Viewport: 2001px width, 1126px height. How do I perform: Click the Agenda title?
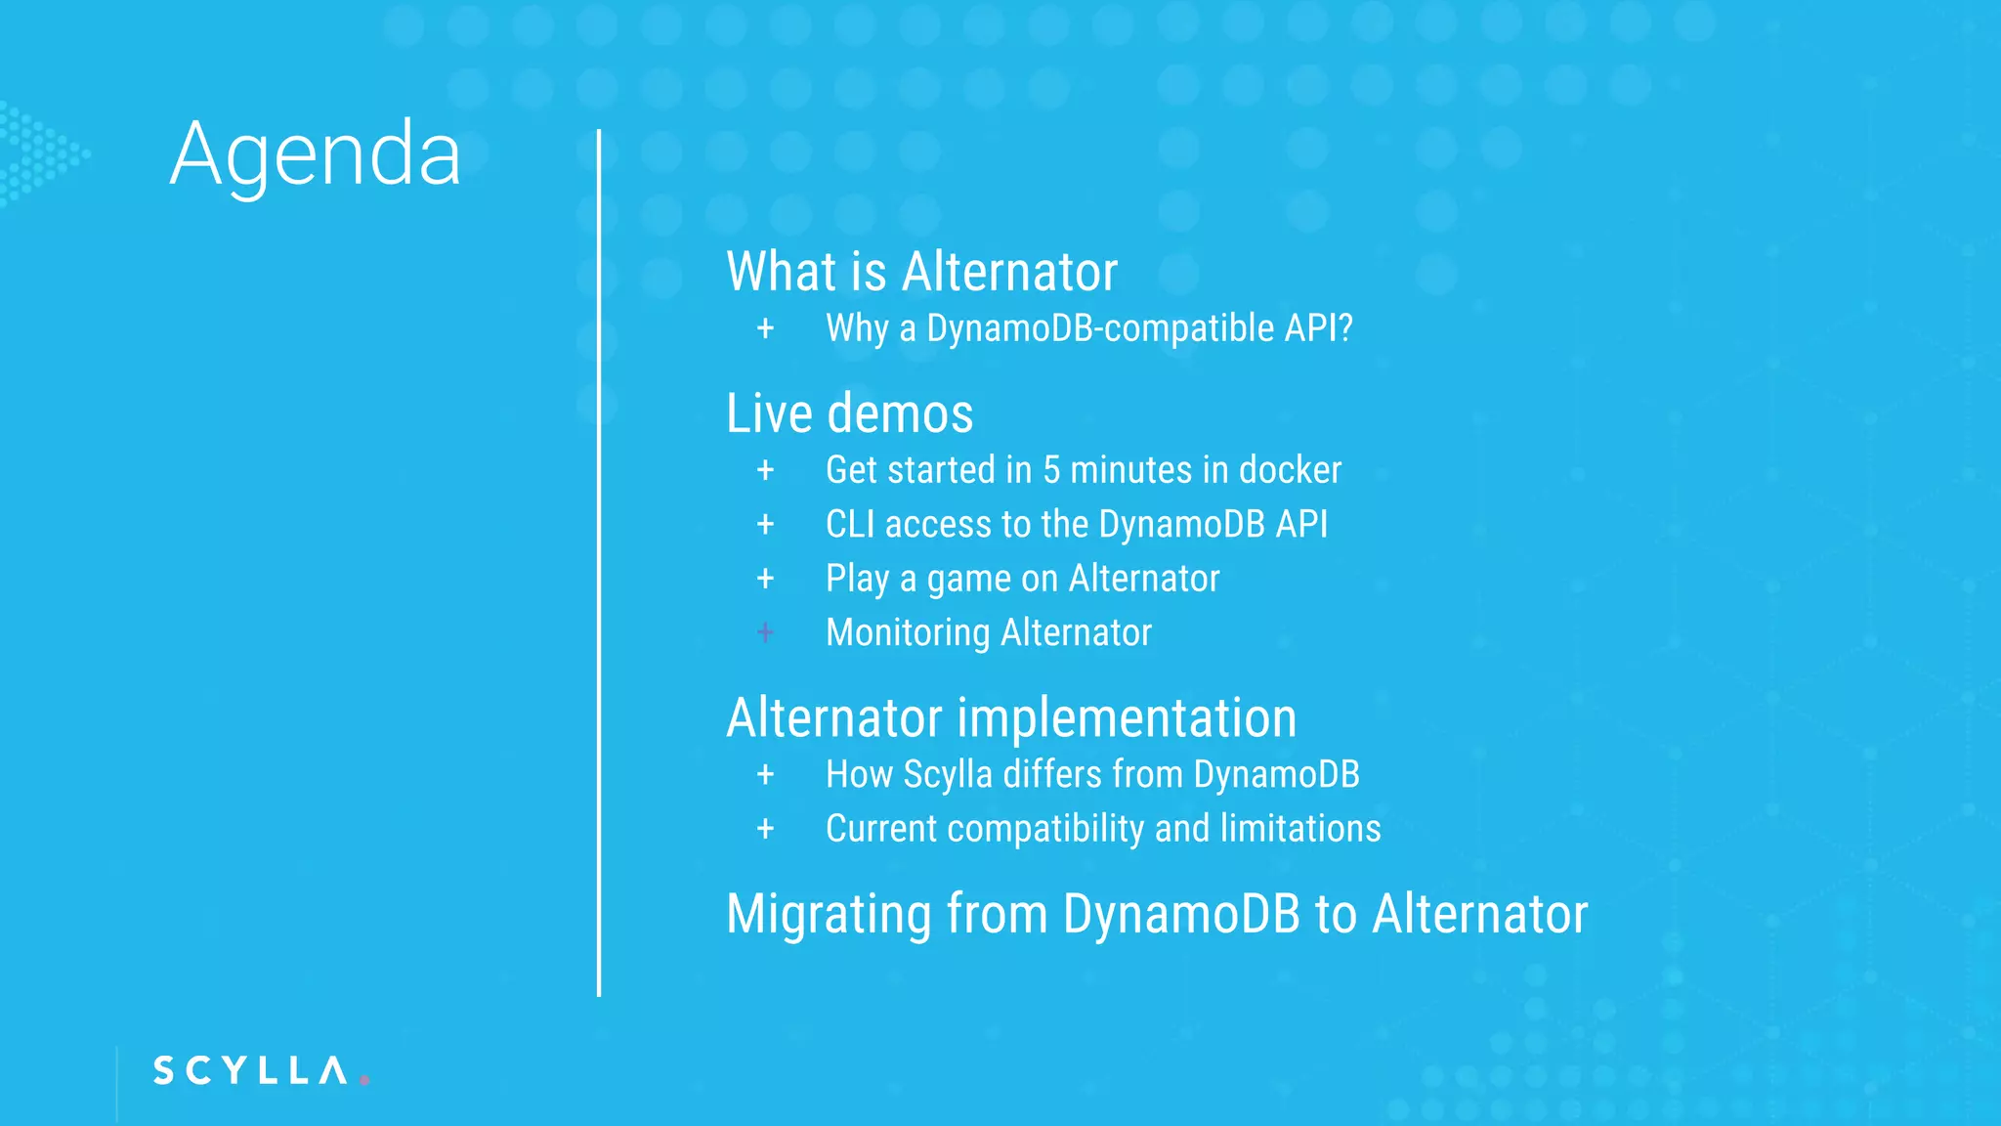[315, 155]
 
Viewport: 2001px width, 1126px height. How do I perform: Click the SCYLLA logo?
[251, 1070]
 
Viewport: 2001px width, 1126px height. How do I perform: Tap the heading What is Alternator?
[921, 272]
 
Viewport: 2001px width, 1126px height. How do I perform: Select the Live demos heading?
[849, 413]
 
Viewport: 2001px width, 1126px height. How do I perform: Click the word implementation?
[1127, 718]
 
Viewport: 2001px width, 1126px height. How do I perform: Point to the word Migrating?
[829, 915]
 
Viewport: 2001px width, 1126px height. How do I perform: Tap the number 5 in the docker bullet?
[1051, 470]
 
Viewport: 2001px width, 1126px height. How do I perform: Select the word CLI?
[850, 525]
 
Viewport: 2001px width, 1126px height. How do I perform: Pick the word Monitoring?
[908, 633]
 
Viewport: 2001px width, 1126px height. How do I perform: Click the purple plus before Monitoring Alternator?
[765, 633]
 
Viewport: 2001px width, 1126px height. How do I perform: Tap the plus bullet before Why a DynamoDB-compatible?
[765, 328]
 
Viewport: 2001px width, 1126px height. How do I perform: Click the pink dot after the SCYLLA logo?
[364, 1080]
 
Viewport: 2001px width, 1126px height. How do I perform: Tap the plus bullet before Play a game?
[765, 579]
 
